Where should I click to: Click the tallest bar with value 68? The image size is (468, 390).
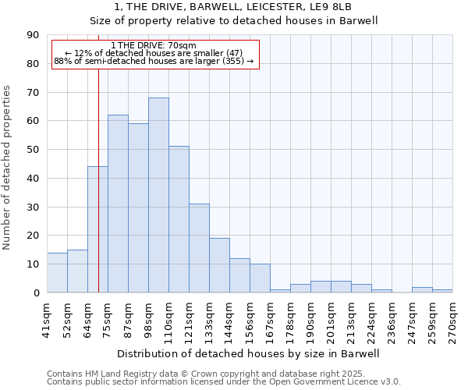(158, 195)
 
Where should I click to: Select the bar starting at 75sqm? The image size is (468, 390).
(118, 204)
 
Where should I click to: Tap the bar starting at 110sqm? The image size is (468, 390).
(179, 219)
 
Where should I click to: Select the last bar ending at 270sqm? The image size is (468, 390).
(442, 291)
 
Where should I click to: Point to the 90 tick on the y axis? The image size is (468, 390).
(33, 35)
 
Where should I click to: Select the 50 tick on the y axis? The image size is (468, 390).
(33, 150)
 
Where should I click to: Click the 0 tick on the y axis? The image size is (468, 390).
(36, 292)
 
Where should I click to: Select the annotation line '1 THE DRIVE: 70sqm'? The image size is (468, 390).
(154, 45)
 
